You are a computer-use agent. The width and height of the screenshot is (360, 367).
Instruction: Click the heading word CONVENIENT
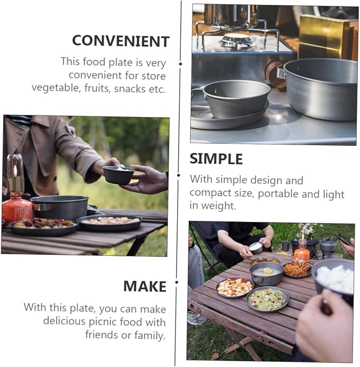tap(121, 41)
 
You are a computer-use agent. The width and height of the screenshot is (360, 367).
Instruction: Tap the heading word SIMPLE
tap(216, 159)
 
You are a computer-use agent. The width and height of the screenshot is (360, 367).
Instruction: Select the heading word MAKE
tap(145, 287)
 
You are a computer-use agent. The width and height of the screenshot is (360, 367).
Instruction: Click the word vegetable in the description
tap(55, 88)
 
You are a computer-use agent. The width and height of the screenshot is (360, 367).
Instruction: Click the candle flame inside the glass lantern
tap(15, 171)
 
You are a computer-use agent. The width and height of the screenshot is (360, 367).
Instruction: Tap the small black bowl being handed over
tap(118, 174)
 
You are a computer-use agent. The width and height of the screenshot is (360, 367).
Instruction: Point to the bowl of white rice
tap(333, 278)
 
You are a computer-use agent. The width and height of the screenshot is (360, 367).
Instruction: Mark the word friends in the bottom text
tap(102, 335)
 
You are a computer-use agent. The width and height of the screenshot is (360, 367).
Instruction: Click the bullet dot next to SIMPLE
tap(179, 175)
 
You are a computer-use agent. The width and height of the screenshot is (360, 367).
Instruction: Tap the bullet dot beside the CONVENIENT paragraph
tap(180, 64)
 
